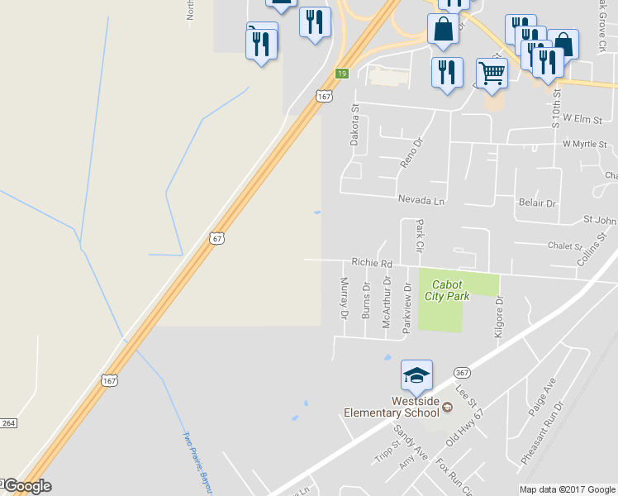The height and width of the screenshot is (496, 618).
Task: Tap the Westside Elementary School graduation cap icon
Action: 416,376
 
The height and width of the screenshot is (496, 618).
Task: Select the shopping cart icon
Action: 492,74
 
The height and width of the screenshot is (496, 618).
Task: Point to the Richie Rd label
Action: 370,262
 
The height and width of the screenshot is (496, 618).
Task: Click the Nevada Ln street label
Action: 421,201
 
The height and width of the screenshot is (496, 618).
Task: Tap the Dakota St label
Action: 355,125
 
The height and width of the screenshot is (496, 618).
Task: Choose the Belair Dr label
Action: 538,203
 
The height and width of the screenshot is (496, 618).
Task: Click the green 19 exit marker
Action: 342,74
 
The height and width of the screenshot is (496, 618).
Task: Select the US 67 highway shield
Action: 216,238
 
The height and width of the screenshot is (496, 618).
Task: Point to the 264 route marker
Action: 8,423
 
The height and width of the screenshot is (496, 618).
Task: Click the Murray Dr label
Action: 345,298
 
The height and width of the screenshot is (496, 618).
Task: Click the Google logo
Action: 26,486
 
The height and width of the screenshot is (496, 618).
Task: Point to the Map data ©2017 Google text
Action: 566,489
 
